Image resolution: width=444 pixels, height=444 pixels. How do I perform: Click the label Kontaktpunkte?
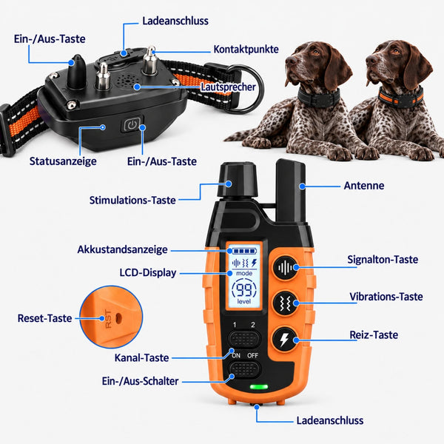(x=246, y=50)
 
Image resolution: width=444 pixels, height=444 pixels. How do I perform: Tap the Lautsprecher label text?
(x=228, y=87)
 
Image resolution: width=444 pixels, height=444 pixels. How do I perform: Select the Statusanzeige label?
(x=63, y=161)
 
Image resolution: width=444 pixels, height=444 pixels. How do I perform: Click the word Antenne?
(x=364, y=186)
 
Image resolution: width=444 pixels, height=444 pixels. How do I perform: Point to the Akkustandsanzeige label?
(x=122, y=249)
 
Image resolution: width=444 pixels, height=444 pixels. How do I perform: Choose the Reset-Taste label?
(x=44, y=318)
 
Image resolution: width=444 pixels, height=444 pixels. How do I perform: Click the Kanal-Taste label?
(x=141, y=358)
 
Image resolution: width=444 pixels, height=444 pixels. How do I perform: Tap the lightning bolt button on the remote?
(x=285, y=339)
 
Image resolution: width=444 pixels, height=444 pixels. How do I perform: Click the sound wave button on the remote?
(x=286, y=268)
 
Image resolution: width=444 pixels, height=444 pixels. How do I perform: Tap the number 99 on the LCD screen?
(x=243, y=289)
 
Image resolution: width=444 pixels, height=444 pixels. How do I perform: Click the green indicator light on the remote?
(x=259, y=387)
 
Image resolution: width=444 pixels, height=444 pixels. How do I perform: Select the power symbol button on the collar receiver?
(x=132, y=124)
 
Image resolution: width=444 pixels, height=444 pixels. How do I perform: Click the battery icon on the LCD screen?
(x=245, y=251)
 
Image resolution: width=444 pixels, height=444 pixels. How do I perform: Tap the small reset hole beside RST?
(x=118, y=318)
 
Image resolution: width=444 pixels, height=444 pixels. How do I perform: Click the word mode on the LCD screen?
(x=244, y=273)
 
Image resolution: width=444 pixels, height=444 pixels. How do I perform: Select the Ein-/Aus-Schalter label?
(x=140, y=381)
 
